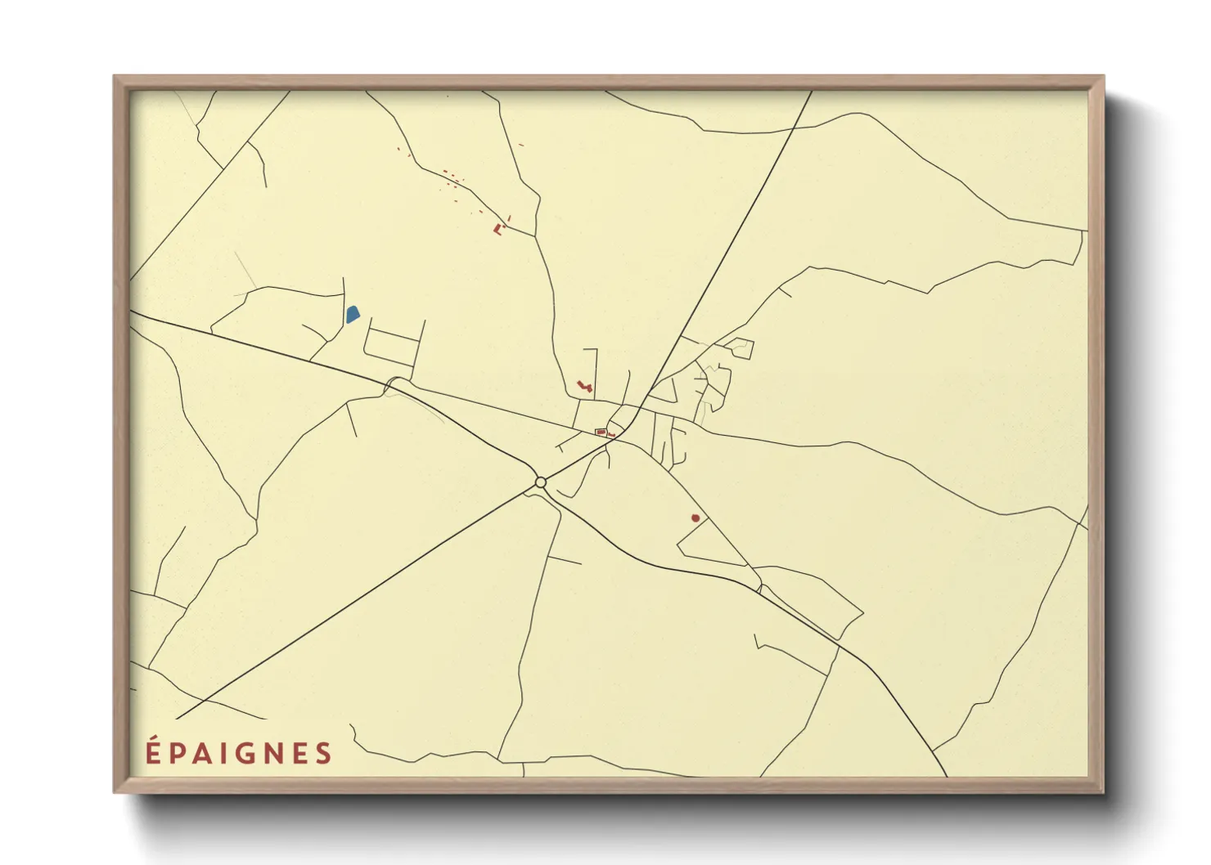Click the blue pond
353,314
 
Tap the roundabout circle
540,482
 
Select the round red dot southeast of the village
696,518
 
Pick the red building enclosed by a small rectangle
601,432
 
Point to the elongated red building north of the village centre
583,384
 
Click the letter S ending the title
324,753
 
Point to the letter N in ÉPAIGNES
273,753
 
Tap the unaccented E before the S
299,753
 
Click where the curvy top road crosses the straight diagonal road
793,128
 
